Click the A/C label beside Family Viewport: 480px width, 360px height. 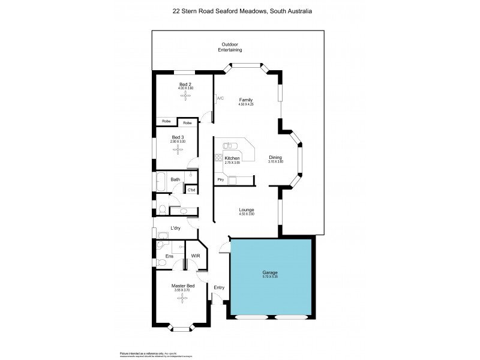point(220,98)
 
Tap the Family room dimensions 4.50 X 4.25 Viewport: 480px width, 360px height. point(245,104)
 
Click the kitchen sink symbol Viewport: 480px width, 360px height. point(229,145)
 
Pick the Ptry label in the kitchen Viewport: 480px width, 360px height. point(220,179)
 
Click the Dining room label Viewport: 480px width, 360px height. point(275,157)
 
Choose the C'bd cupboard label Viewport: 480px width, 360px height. point(191,190)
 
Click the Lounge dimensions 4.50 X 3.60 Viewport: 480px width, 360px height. point(247,214)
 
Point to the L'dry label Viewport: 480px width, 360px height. point(176,228)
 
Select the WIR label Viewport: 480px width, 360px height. point(195,256)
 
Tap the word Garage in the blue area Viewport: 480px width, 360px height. point(270,273)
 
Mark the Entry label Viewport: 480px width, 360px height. point(219,287)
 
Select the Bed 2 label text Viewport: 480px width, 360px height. point(185,84)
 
